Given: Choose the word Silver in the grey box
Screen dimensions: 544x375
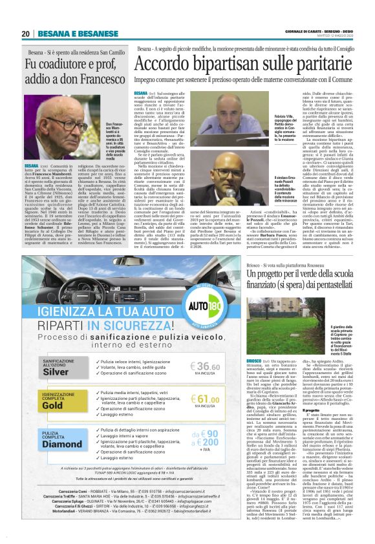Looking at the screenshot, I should [x=54, y=372].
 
